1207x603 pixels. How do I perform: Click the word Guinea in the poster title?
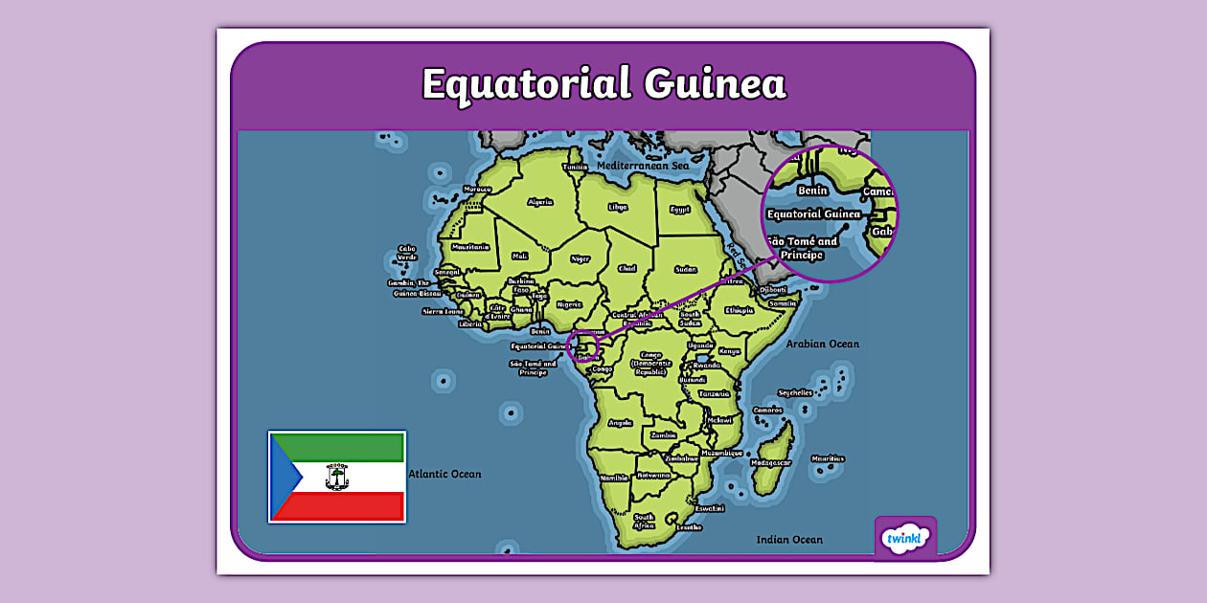click(x=715, y=84)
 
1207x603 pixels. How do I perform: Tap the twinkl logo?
click(x=905, y=538)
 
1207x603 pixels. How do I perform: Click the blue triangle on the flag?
click(x=285, y=477)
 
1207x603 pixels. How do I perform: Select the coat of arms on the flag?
click(x=337, y=477)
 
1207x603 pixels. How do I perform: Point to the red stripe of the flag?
click(x=345, y=505)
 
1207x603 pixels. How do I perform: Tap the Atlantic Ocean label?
click(x=444, y=474)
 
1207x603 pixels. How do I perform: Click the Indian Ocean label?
click(x=789, y=540)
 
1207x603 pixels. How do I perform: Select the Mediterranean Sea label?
click(x=643, y=166)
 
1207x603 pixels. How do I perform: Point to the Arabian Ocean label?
click(x=822, y=344)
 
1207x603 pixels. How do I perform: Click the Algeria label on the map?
click(x=540, y=202)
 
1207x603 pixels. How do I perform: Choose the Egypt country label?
click(x=679, y=209)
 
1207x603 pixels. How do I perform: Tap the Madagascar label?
click(x=771, y=462)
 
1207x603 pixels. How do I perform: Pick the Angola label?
click(x=620, y=422)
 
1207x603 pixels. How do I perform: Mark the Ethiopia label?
click(x=739, y=310)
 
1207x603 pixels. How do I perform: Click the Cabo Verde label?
click(x=407, y=254)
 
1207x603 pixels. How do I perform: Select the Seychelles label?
click(x=795, y=392)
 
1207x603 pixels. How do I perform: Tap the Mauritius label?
click(x=828, y=458)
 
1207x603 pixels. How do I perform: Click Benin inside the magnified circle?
click(x=812, y=190)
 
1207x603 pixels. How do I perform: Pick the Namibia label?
click(x=613, y=477)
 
